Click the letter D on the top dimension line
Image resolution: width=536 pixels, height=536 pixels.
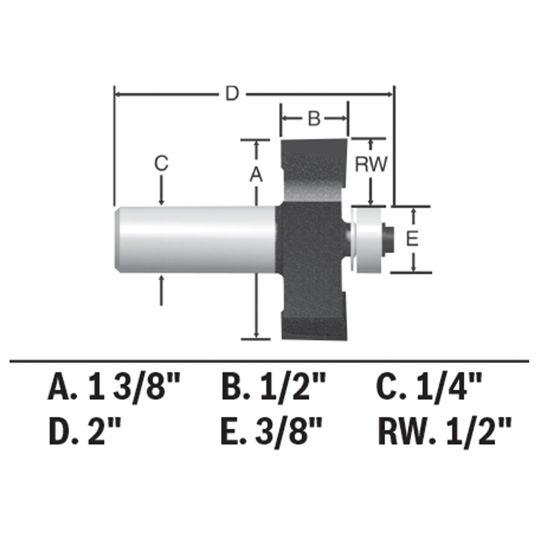click(232, 94)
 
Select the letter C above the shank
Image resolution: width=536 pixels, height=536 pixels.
click(161, 163)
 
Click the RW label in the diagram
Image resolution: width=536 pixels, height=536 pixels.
click(371, 164)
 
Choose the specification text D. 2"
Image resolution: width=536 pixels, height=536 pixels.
click(85, 432)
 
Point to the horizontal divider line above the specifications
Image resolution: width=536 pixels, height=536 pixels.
click(269, 360)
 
